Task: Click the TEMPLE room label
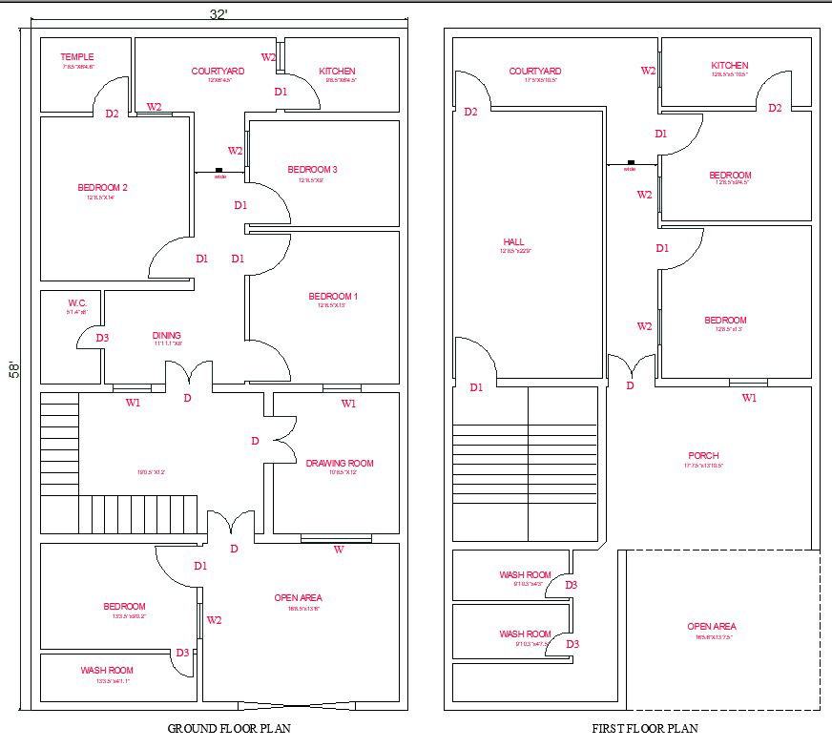[x=77, y=57]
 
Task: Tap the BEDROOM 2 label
[x=102, y=188]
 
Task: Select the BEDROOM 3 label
[x=312, y=170]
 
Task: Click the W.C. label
[x=77, y=302]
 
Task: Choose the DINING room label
[x=167, y=336]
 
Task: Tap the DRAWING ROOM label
[x=340, y=464]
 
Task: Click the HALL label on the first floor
[x=514, y=242]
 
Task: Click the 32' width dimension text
[x=218, y=14]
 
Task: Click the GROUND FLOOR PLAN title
[x=229, y=729]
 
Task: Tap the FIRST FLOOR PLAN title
[x=645, y=729]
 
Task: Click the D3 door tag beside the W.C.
[x=102, y=338]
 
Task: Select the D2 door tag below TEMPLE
[x=112, y=114]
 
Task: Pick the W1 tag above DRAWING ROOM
[x=348, y=404]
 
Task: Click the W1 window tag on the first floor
[x=749, y=398]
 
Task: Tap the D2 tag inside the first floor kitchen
[x=775, y=108]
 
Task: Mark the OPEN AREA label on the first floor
[x=712, y=627]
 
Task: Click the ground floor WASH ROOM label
[x=107, y=671]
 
